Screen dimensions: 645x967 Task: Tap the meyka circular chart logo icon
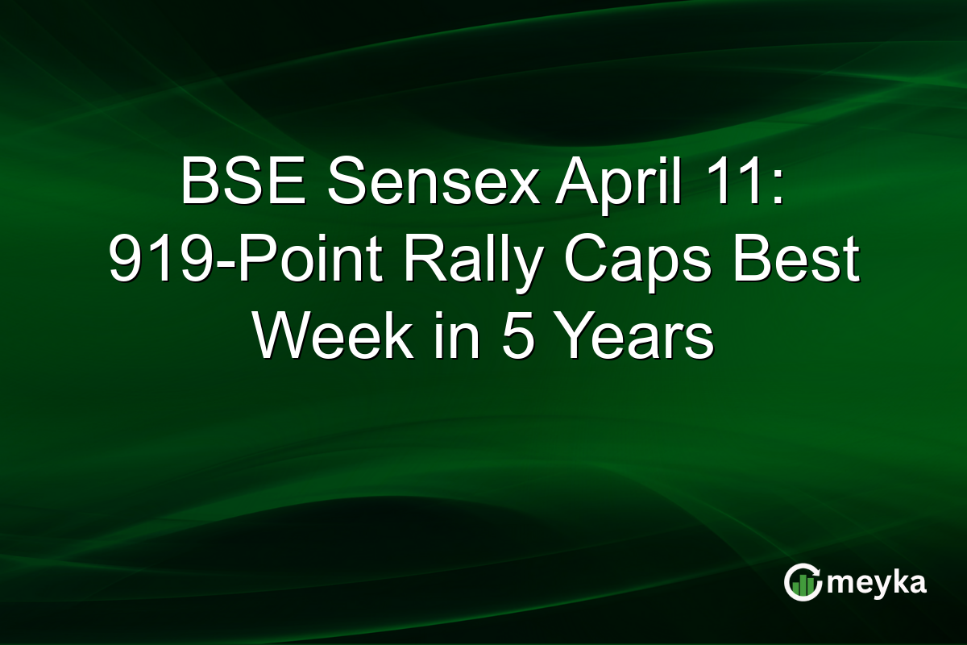click(x=803, y=582)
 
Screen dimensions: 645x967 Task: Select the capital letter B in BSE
click(x=198, y=182)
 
